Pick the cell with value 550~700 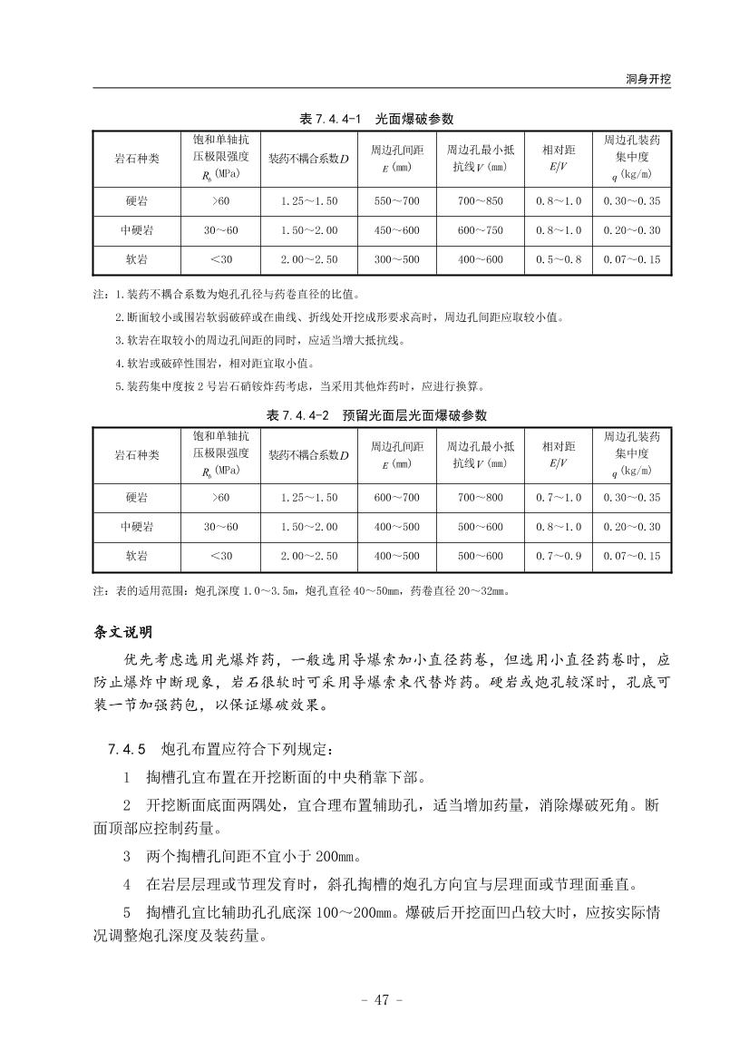397,200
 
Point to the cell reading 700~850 480,200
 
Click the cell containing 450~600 397,230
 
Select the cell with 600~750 480,230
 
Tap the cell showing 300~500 397,259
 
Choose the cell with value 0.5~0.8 559,259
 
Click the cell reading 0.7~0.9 559,556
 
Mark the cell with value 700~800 480,497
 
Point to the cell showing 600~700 397,497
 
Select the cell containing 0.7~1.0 559,497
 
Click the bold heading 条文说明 124,632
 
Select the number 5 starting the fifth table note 118,386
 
